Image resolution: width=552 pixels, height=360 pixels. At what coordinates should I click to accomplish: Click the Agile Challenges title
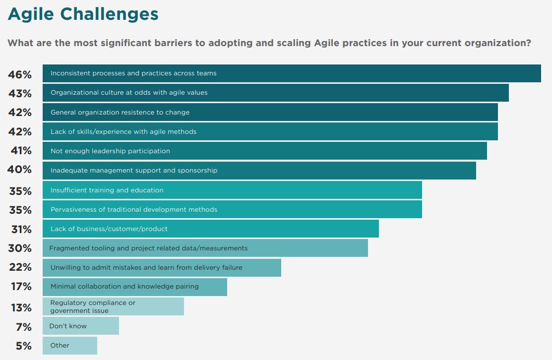83,14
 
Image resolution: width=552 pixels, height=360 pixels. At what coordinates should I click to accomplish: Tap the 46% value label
20,74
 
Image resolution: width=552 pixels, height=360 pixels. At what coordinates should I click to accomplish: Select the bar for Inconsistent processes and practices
292,73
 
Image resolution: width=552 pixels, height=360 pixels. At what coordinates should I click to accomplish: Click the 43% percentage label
20,93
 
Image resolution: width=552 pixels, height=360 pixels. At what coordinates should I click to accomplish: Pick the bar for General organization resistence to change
270,112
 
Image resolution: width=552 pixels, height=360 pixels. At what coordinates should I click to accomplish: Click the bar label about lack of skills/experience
123,131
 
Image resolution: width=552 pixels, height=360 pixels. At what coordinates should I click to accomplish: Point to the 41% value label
21,151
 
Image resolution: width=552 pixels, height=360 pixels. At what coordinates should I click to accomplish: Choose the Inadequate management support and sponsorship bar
259,170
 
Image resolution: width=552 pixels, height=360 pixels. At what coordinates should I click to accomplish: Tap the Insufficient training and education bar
232,190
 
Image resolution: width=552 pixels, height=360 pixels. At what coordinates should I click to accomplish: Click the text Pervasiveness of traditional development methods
134,209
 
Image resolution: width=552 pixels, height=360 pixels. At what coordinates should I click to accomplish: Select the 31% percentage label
21,229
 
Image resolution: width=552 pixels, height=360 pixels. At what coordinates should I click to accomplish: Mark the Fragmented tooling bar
205,248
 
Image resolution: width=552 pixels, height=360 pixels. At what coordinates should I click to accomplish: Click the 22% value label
20,267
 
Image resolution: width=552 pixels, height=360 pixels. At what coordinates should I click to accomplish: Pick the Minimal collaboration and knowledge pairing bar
134,287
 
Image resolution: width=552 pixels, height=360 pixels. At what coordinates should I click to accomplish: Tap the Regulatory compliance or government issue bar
113,306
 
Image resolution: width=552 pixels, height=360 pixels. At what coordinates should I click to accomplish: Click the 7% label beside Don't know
23,327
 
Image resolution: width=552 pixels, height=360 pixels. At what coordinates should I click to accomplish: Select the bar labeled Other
69,345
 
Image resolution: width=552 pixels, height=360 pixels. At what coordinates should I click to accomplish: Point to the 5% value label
23,346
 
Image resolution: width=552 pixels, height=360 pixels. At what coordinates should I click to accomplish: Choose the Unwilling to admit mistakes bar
162,267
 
